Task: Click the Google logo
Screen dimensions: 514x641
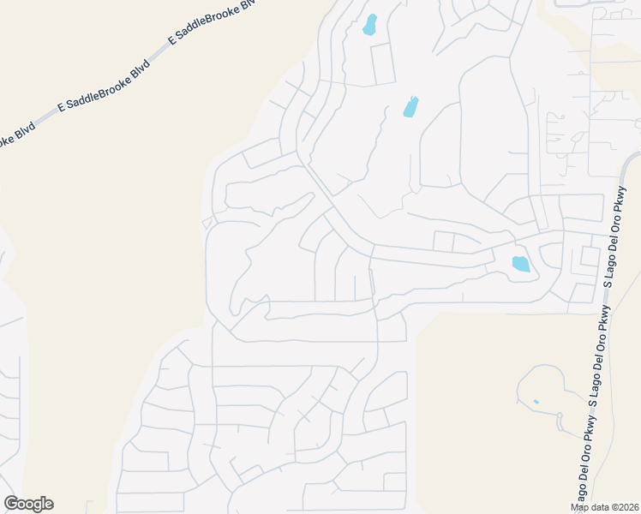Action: (28, 504)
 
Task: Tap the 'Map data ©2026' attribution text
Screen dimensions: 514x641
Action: (605, 507)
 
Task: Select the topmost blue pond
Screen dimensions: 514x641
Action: (370, 25)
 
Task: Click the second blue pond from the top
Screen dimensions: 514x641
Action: (411, 107)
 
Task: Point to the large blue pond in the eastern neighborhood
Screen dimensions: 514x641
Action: (520, 264)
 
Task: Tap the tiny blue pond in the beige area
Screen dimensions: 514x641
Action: (536, 401)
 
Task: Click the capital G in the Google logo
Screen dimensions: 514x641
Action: (11, 504)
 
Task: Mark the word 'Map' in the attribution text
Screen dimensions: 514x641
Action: (580, 507)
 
